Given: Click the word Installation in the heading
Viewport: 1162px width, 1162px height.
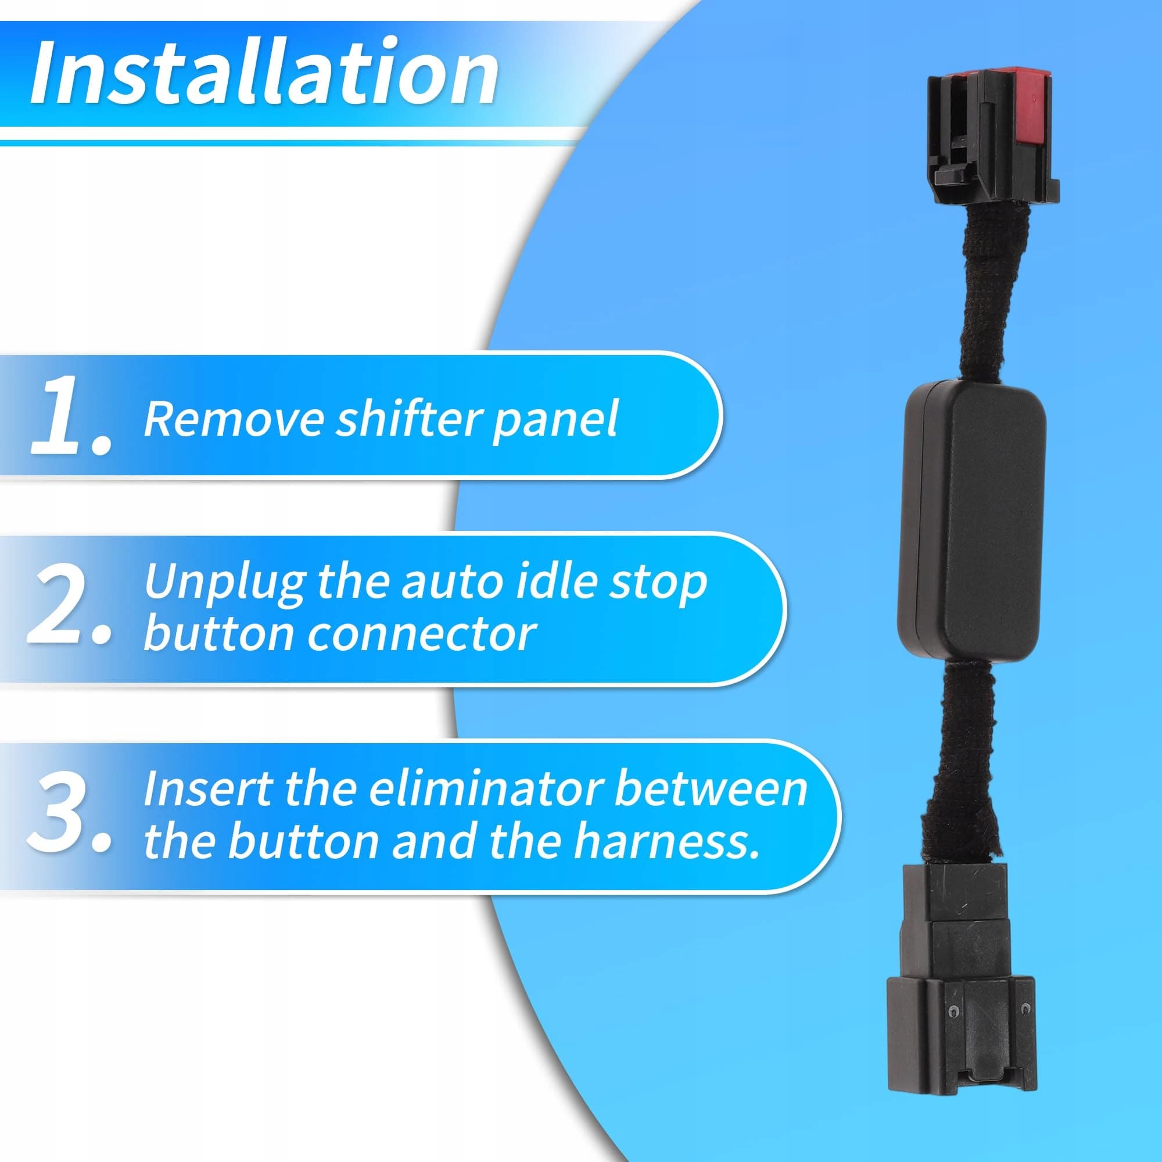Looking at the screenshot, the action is pos(263,72).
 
